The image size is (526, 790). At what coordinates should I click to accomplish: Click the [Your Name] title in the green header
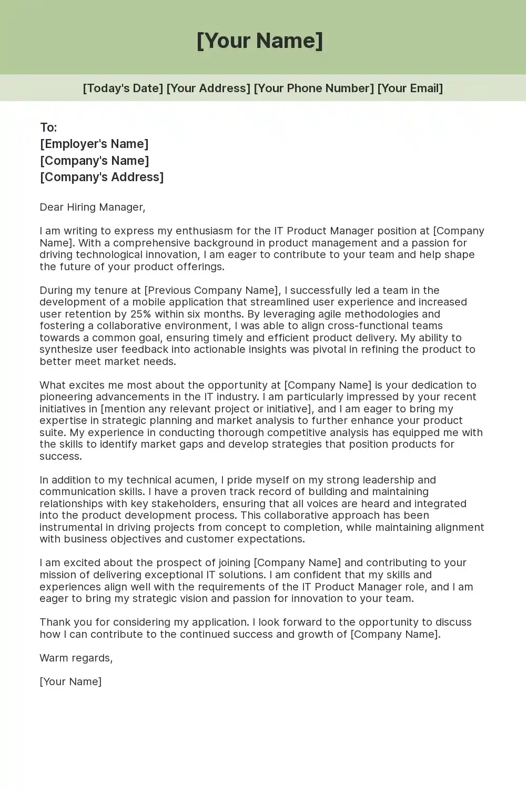pos(260,41)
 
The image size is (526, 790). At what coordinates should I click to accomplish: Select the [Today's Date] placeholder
pos(123,88)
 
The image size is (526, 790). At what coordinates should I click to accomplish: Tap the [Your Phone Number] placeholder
pos(313,88)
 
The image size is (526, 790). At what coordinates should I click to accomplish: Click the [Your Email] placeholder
pos(410,88)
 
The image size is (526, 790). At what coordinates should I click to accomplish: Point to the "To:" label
pos(48,127)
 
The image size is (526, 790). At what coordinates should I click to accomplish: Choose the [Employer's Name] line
pos(94,144)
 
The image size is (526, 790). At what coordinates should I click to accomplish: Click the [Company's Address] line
pos(102,177)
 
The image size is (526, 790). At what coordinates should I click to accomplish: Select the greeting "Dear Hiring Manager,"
pos(92,207)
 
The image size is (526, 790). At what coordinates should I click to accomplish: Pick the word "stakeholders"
pos(184,503)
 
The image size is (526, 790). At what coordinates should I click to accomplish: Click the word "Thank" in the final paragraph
pos(55,622)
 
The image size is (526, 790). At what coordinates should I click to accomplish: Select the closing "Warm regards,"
pos(76,658)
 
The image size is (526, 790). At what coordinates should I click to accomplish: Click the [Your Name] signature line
pos(70,682)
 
